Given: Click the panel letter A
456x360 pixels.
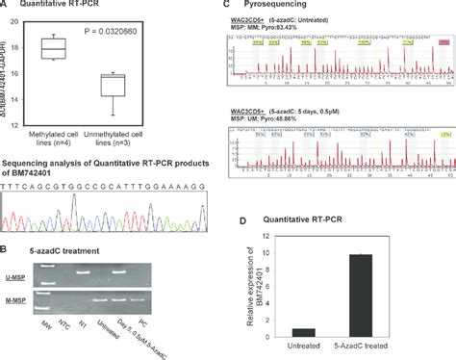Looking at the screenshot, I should [x=5, y=7].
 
